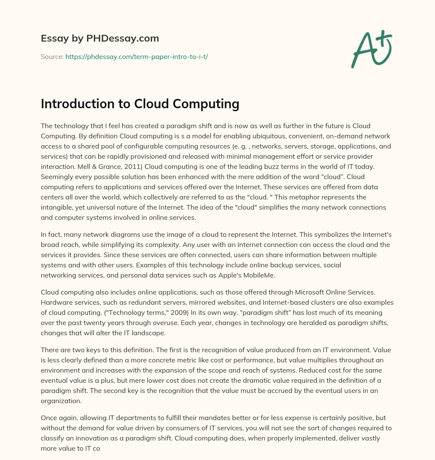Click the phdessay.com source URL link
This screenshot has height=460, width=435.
click(x=136, y=56)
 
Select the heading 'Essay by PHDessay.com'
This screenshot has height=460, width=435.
click(x=100, y=39)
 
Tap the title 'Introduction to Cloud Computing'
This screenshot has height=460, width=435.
click(x=140, y=104)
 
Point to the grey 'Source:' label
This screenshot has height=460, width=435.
click(x=52, y=56)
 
